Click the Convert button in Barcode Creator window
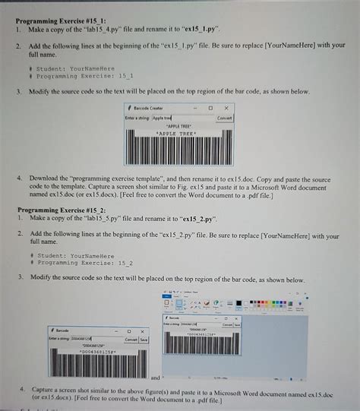coord(225,118)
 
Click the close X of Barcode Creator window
coord(226,108)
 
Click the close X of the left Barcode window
coord(142,330)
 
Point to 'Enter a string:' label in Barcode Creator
coord(137,118)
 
